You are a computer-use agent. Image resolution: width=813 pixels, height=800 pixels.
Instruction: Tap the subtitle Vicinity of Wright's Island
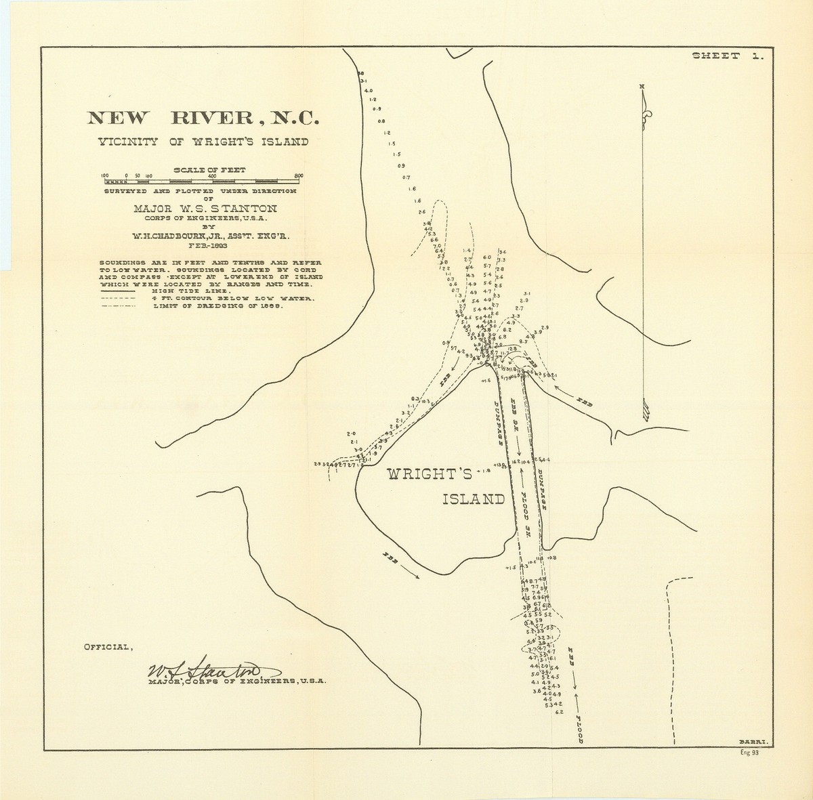click(x=203, y=142)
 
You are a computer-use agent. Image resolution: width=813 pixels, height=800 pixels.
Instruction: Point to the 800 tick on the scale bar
click(x=299, y=176)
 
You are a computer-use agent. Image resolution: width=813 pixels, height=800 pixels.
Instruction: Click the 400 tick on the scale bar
click(x=211, y=176)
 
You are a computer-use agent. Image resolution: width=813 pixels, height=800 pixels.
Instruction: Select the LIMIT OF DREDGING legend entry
click(x=217, y=306)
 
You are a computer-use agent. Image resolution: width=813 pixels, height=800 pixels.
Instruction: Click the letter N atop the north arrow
click(x=642, y=86)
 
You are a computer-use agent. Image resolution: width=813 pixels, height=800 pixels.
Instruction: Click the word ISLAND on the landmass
click(x=474, y=500)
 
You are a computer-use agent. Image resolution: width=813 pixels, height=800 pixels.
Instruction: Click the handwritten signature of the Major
click(x=207, y=671)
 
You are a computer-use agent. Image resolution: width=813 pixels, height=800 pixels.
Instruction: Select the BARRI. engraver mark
click(x=757, y=743)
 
